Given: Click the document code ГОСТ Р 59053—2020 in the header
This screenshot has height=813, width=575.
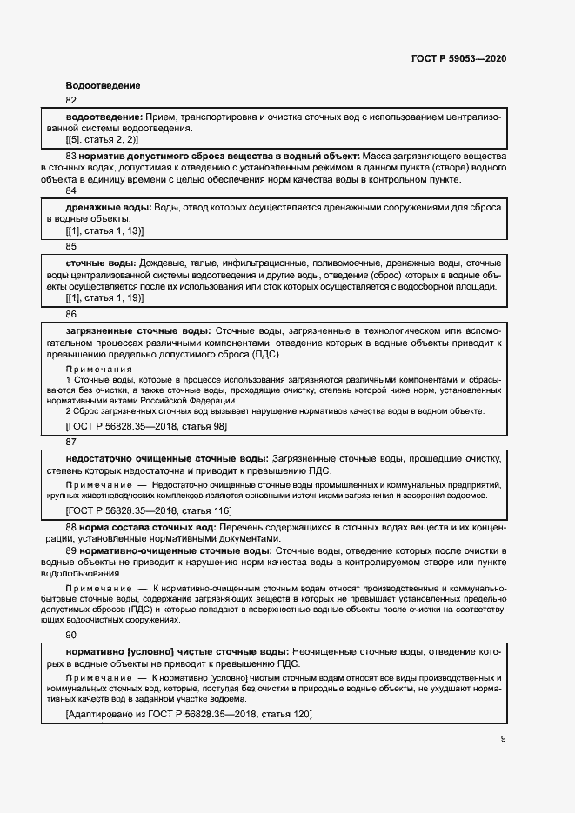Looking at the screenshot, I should point(458,59).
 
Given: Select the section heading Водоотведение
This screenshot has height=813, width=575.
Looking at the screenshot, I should point(103,85).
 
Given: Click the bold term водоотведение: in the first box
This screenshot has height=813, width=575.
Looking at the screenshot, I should point(104,117).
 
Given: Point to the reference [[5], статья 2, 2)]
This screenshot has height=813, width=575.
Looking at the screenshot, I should point(102,139).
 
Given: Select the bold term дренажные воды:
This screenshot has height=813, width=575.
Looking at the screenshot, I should point(108,207).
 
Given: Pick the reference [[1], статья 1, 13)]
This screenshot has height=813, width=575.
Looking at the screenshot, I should point(104,230).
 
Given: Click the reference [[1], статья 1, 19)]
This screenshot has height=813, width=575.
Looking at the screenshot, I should point(104,298).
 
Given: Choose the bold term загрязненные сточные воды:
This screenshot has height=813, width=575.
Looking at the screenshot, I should point(137,331).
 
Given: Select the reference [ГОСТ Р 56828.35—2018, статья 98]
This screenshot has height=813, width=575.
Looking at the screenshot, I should point(146,426).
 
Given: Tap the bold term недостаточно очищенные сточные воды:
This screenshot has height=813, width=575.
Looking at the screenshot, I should point(166,458).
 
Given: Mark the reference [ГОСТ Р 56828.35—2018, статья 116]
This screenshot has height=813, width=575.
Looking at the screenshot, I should point(149,510).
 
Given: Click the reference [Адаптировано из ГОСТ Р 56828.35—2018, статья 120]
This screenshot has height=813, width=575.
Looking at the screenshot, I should point(189,714).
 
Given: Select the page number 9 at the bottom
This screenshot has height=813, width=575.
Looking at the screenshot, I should point(503,738).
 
